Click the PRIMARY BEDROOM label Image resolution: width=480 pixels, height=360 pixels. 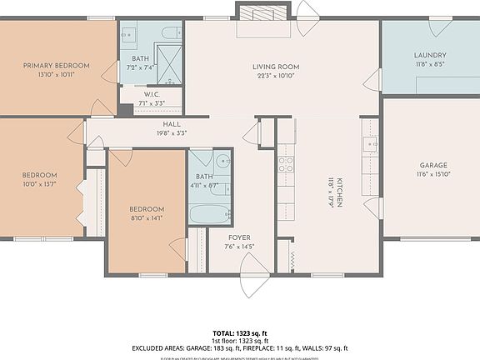(x=55, y=65)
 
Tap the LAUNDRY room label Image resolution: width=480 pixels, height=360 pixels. (x=430, y=56)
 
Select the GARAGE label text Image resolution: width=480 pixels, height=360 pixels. (x=431, y=165)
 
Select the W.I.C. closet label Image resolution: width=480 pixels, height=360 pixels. (x=150, y=94)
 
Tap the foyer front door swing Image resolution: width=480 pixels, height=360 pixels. (x=251, y=265)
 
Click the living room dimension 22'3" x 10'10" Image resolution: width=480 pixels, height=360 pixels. (x=276, y=76)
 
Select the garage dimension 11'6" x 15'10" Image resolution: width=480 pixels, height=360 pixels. (x=431, y=174)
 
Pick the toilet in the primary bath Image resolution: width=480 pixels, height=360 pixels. (x=170, y=33)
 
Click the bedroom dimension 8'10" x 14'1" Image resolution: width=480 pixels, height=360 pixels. (x=146, y=217)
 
